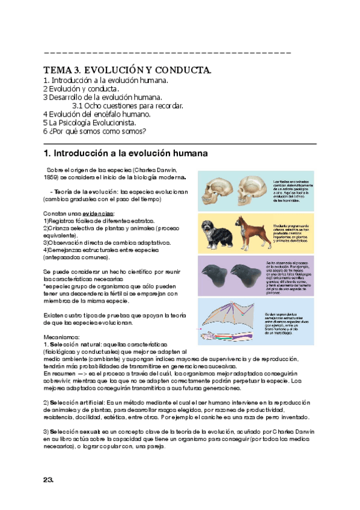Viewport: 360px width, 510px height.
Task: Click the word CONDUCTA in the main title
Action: pyautogui.click(x=180, y=71)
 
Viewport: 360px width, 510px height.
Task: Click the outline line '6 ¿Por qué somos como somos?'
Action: pyautogui.click(x=94, y=131)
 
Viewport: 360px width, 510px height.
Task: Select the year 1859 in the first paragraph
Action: pyautogui.click(x=50, y=178)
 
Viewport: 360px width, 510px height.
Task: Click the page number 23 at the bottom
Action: pyautogui.click(x=49, y=479)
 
